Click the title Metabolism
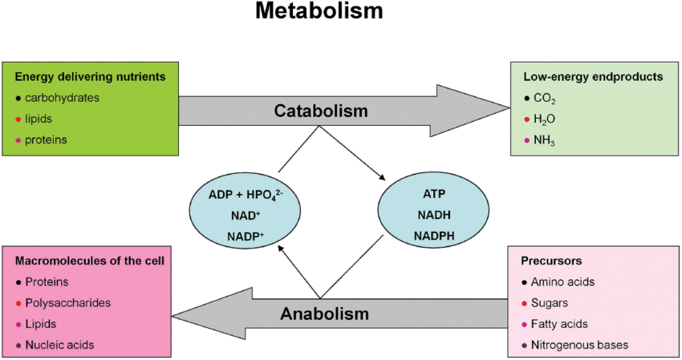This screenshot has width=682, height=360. pos(319,12)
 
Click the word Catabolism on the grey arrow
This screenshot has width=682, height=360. pos(320,111)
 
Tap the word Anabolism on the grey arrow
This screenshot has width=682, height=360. pos(325,313)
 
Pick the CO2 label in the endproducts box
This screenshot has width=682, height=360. pos(545,99)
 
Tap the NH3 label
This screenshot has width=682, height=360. pos(546,140)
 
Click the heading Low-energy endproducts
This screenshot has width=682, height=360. pos(582,77)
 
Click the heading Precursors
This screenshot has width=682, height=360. pos(552,261)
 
